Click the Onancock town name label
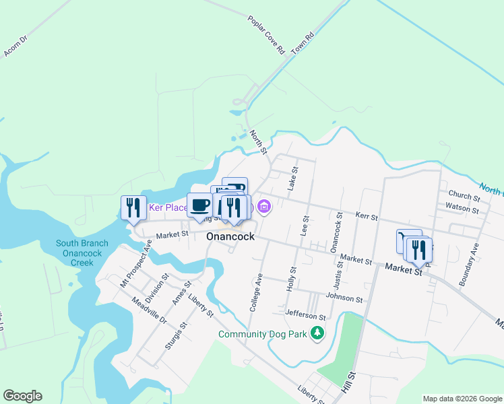(230, 237)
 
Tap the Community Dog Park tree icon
(317, 333)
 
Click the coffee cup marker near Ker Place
(200, 205)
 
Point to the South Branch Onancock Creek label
(82, 252)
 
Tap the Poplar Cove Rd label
(267, 35)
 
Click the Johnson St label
(344, 298)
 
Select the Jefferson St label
(306, 314)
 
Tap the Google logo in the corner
(22, 396)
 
